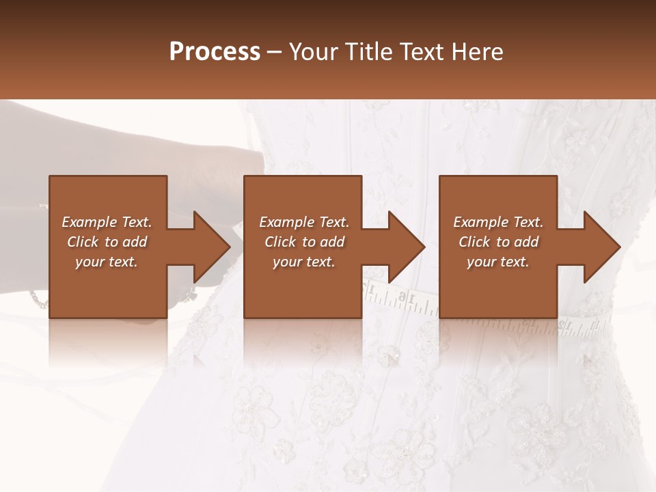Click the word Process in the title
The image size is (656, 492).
click(x=215, y=52)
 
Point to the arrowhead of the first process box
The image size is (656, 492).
click(x=210, y=247)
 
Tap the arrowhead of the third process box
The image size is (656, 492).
click(x=600, y=247)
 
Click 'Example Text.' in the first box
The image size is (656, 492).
click(x=107, y=222)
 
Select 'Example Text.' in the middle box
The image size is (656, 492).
click(x=304, y=222)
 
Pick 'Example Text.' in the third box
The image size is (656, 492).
click(x=498, y=222)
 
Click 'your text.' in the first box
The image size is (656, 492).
click(x=107, y=262)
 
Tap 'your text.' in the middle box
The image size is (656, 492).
click(x=304, y=262)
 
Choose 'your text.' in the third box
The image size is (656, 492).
click(x=498, y=262)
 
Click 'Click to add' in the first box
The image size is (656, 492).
click(x=107, y=242)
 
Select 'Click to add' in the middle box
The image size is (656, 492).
click(x=304, y=242)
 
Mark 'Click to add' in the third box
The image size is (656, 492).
click(x=498, y=242)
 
